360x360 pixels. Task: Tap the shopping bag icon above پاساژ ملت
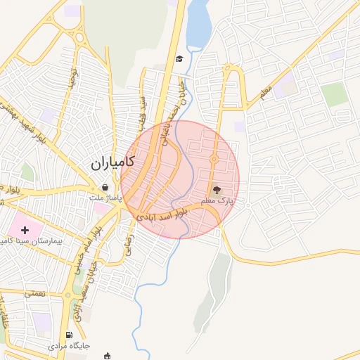[x=105, y=188]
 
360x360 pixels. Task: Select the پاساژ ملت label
[x=105, y=198]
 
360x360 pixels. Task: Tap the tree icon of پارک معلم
[x=217, y=189]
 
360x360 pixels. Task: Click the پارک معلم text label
[x=217, y=202]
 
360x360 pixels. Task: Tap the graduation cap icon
[x=179, y=58]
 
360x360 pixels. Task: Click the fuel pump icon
[x=68, y=335]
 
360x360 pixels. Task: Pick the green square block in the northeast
[x=335, y=94]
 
